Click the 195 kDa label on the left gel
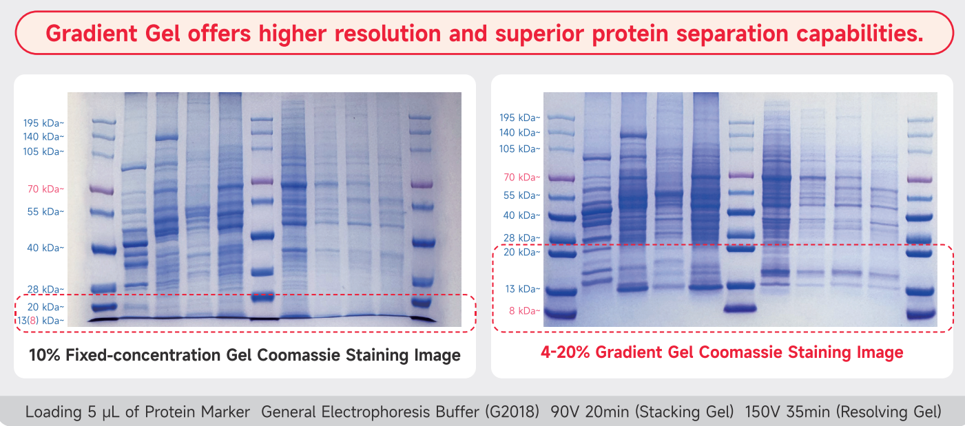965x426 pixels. tap(43, 123)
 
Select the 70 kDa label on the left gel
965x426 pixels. tap(45, 189)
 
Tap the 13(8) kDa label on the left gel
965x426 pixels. tap(41, 321)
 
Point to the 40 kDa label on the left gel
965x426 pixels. tap(45, 248)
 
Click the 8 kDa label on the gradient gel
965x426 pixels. tap(524, 310)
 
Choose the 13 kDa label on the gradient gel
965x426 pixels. tap(523, 289)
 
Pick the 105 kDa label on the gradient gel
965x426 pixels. tap(519, 149)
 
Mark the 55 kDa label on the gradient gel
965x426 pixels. tap(521, 195)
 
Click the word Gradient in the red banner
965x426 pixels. tap(92, 34)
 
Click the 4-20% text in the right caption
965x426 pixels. tap(565, 352)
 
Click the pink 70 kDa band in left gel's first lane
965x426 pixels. tap(102, 189)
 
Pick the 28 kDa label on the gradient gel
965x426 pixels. tap(521, 238)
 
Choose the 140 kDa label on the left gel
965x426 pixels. tap(43, 137)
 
